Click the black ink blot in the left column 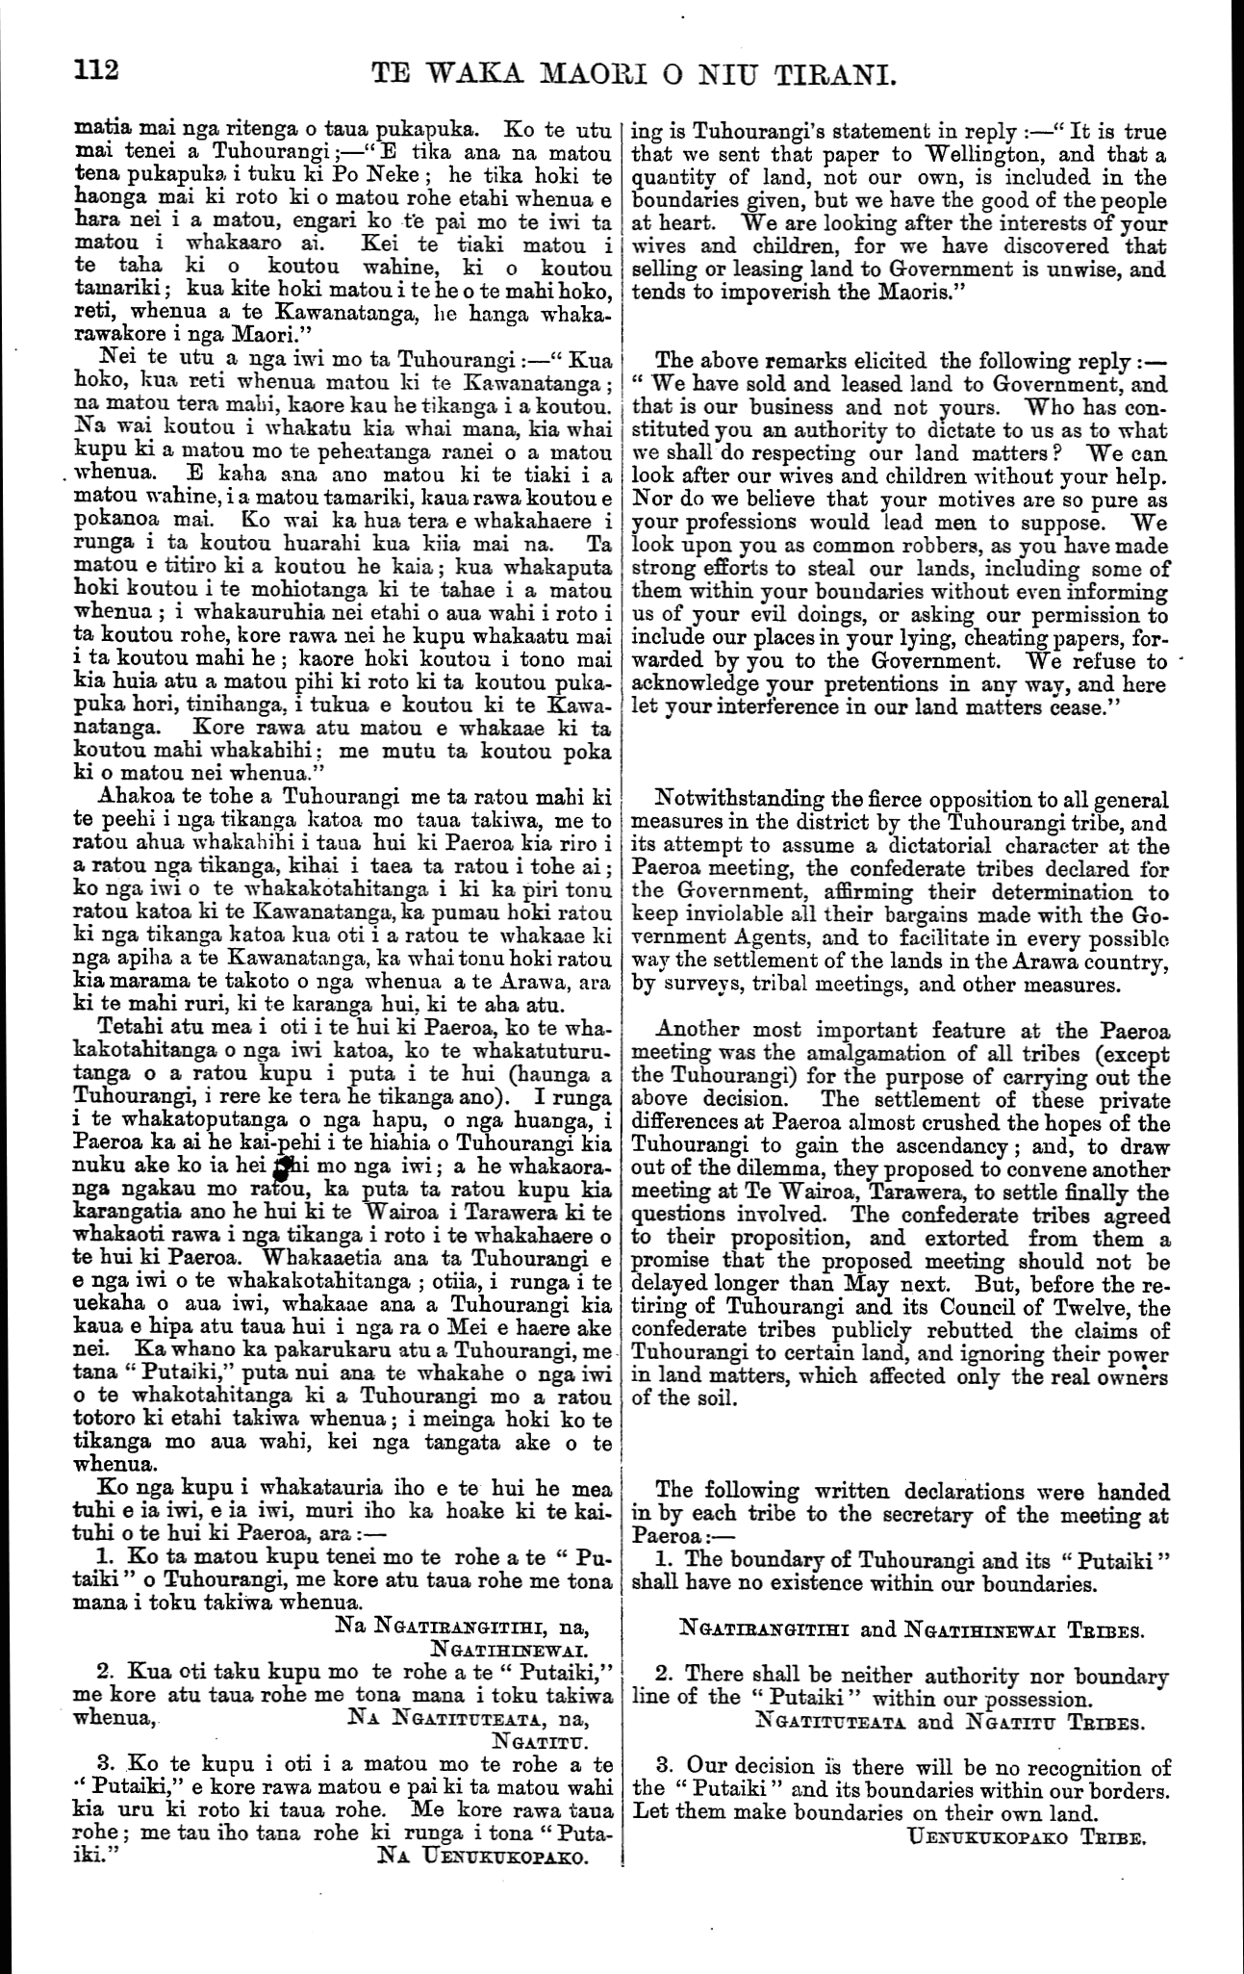point(282,1167)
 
